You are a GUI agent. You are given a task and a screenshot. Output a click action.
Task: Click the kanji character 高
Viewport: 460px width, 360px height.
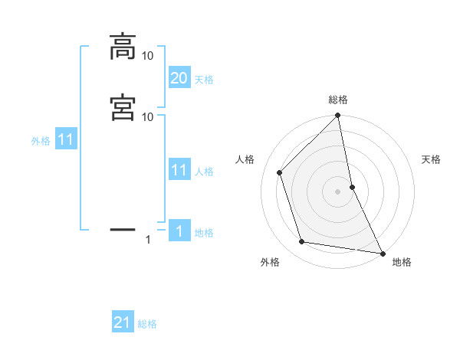(123, 47)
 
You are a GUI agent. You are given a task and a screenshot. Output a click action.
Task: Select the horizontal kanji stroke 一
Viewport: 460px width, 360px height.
(123, 228)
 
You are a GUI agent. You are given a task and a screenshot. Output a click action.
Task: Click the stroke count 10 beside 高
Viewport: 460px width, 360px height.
(148, 56)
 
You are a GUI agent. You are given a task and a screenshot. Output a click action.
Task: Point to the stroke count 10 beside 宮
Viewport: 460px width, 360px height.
(148, 116)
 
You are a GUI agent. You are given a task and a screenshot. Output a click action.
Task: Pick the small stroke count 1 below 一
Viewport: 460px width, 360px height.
(148, 240)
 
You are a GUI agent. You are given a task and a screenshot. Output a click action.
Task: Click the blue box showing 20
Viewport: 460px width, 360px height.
(179, 78)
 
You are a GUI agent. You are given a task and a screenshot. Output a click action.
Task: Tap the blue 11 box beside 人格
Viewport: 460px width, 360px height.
(179, 170)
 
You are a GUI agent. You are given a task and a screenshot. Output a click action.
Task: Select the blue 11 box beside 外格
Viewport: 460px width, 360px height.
(66, 140)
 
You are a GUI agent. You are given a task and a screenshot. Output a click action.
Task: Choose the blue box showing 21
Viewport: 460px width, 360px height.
(123, 322)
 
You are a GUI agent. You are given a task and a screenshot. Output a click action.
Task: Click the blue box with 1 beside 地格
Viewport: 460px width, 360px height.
(179, 231)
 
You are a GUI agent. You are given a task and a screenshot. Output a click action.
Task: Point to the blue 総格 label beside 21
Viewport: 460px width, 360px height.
(147, 324)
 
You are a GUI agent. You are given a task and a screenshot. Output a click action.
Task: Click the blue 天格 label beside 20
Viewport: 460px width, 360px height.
(204, 80)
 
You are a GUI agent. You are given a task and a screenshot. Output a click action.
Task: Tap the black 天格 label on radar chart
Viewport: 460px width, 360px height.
(432, 159)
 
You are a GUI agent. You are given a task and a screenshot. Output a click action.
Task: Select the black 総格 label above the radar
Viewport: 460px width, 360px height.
(338, 100)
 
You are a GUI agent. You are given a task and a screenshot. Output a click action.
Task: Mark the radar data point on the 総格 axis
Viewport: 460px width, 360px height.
(338, 116)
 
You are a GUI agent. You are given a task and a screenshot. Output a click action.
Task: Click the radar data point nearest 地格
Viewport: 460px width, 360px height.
(383, 253)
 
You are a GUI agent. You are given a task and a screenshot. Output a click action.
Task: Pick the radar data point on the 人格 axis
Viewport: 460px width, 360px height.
(280, 172)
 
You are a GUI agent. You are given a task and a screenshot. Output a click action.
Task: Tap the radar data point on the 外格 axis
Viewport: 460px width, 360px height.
(302, 242)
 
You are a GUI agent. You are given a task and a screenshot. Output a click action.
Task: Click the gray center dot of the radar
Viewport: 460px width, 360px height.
(338, 191)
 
